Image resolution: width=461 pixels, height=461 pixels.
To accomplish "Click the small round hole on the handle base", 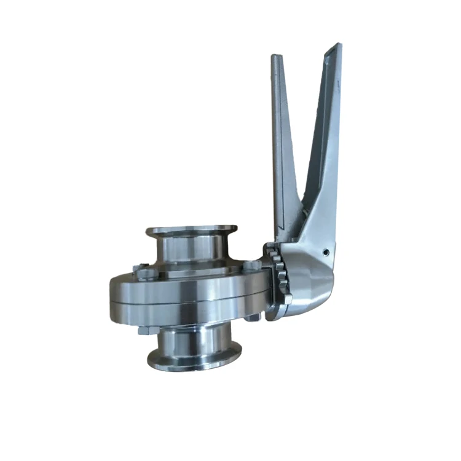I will point(326,251).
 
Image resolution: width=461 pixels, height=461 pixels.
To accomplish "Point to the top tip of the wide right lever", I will point(337,46).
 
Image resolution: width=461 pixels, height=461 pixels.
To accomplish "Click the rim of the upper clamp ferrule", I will point(191,231).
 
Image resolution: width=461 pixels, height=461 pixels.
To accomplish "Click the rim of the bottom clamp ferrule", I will point(194,359).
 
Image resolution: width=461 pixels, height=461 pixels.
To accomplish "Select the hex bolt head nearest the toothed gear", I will point(252,266).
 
